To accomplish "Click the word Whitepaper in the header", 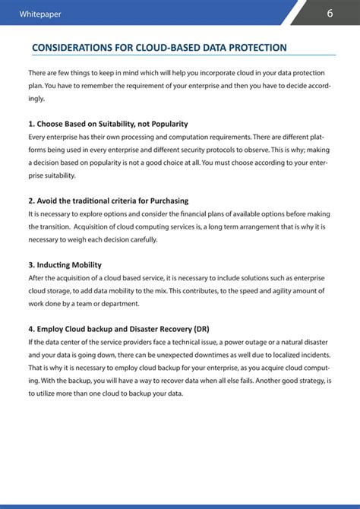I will click(41, 14).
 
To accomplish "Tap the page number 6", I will click(330, 14).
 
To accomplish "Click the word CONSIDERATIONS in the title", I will click(71, 48).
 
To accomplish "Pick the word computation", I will click(193, 137).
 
